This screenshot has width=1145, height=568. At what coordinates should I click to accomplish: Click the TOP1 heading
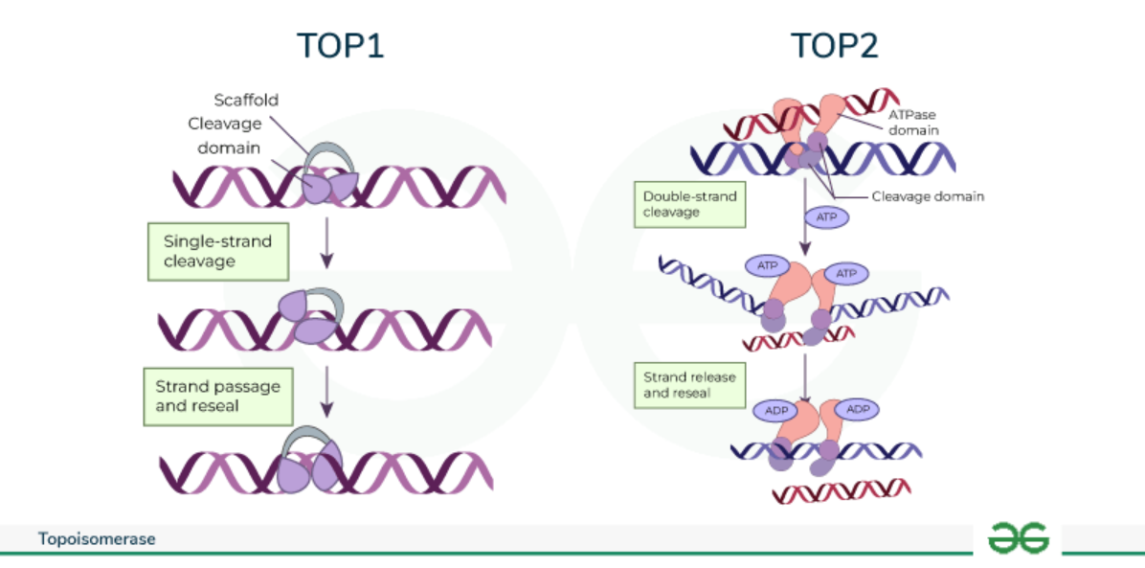point(340,45)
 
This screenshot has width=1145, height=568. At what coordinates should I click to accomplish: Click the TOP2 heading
point(834,45)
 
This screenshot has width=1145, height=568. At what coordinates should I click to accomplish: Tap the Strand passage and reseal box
point(217,396)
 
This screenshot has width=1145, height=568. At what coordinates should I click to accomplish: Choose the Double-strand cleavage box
point(689,204)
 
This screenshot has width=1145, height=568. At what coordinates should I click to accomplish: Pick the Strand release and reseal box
point(689,384)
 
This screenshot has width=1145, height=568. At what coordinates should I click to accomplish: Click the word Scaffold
point(245,100)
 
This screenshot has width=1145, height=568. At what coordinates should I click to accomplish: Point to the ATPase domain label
point(912,122)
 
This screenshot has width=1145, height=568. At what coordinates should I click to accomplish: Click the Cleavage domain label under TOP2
point(927,196)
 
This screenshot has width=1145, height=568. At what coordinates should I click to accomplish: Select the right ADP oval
point(857,409)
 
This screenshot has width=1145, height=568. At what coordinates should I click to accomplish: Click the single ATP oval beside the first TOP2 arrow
point(826,217)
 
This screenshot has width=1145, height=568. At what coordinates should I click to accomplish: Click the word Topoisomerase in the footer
point(97,539)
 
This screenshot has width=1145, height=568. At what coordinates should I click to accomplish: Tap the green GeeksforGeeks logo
point(1019,537)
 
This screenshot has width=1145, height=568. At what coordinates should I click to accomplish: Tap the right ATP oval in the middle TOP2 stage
point(846,273)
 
